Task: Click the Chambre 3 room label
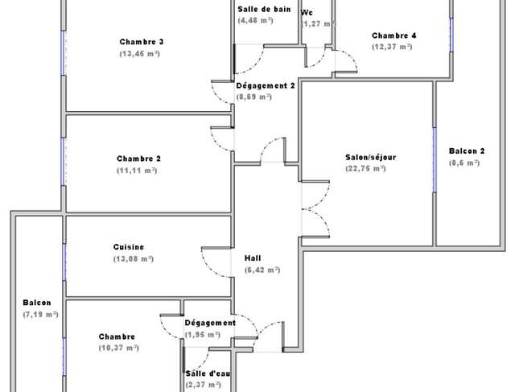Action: [x=142, y=42]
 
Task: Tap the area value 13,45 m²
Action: [x=140, y=54]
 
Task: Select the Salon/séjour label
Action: [x=371, y=157]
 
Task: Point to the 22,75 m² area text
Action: [x=365, y=168]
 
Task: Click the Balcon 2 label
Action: [x=467, y=151]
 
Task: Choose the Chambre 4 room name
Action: [x=394, y=35]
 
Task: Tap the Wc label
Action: [x=307, y=13]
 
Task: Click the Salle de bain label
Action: [x=264, y=10]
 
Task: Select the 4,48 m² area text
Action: [x=256, y=20]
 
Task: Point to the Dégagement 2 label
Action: [x=266, y=86]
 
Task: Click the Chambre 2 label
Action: [x=138, y=159]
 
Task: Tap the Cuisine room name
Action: [x=129, y=247]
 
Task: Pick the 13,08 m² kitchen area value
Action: [x=134, y=259]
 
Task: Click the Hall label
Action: [x=253, y=258]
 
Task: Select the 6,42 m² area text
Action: [x=262, y=270]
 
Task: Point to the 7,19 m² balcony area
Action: [x=40, y=314]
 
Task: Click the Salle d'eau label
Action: [x=208, y=373]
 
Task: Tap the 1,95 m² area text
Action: [x=203, y=335]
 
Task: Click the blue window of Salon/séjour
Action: [x=434, y=160]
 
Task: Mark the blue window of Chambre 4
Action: [x=451, y=35]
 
